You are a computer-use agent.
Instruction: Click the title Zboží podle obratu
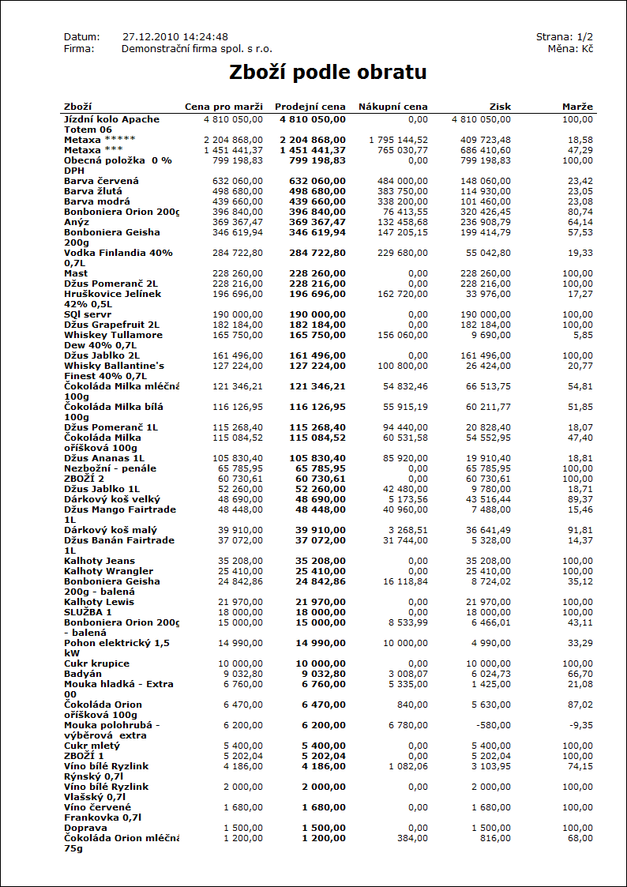click(328, 73)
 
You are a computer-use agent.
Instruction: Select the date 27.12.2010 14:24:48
click(175, 37)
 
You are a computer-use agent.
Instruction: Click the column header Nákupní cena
click(392, 107)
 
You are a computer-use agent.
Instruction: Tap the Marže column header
click(577, 107)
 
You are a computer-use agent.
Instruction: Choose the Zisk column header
click(500, 107)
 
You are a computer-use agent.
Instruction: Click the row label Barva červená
click(101, 181)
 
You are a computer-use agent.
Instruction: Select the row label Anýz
click(77, 222)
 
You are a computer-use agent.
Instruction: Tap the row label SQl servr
click(88, 314)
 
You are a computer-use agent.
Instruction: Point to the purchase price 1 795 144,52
click(398, 140)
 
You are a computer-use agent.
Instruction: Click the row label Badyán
click(82, 674)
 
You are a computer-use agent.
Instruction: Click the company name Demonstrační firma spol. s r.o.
click(197, 49)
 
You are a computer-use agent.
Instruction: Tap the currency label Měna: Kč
click(570, 49)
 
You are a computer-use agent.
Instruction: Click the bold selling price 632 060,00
click(313, 181)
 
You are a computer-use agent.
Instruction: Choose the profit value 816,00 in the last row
click(494, 838)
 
